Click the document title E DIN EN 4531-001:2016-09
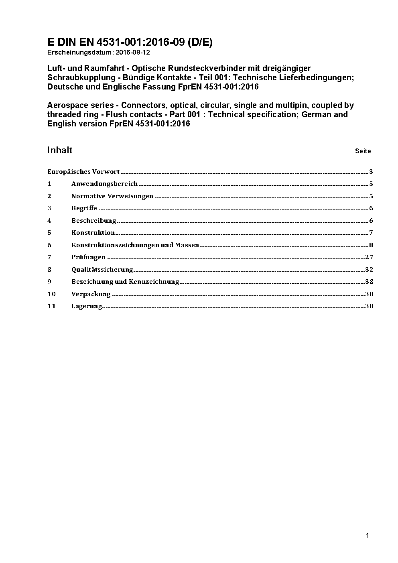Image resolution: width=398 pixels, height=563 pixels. (130, 42)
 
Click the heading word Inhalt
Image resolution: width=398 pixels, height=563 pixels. (60, 150)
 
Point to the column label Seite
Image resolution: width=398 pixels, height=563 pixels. (363, 151)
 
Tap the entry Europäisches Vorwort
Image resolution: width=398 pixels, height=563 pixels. (83, 172)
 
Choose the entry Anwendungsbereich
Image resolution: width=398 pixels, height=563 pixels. (104, 184)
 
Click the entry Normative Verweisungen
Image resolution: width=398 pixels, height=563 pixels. (112, 196)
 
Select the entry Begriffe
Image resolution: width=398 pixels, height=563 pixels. (84, 208)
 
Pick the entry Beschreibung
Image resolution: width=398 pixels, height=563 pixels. (93, 221)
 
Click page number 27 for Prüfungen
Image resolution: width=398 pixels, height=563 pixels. (369, 257)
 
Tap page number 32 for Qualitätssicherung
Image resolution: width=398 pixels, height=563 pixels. (369, 270)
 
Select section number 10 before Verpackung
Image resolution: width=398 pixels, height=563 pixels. (51, 294)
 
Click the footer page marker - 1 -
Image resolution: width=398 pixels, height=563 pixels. (367, 535)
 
